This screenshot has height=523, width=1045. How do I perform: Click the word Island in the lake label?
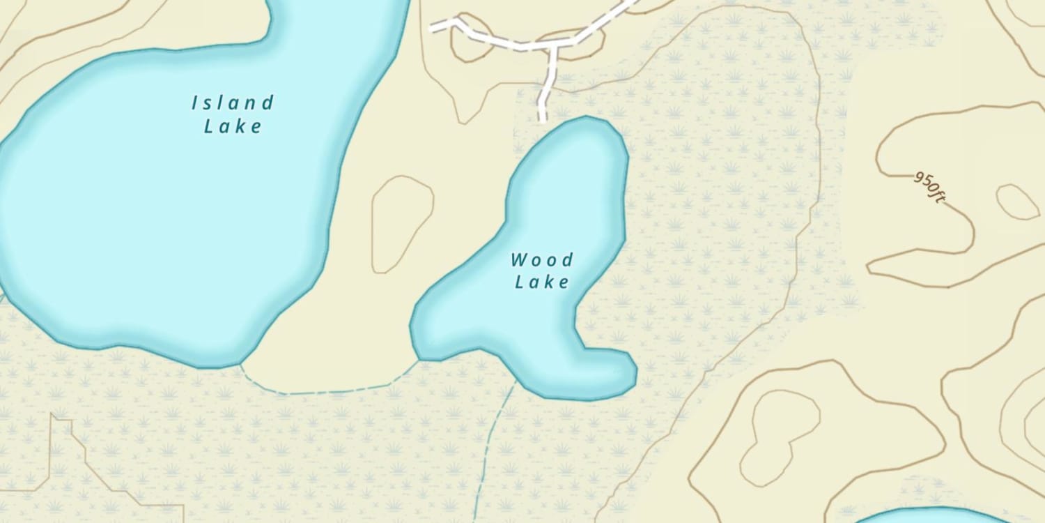(x=233, y=104)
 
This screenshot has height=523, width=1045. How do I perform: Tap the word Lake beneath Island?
(x=233, y=126)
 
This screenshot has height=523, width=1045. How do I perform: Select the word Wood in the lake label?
(x=542, y=261)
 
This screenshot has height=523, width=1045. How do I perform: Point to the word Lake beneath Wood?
(x=542, y=282)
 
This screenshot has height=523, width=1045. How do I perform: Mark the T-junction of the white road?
(x=554, y=46)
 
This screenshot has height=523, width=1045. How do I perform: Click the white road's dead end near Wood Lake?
(x=543, y=120)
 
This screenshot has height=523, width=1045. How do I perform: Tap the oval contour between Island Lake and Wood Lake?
(x=402, y=224)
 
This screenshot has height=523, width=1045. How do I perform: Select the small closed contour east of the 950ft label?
(x=1018, y=202)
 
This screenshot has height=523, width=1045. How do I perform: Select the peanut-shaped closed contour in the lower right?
(x=779, y=436)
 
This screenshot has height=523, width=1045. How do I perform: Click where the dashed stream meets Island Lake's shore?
(x=240, y=363)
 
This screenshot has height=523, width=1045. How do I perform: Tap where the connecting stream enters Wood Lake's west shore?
(x=418, y=360)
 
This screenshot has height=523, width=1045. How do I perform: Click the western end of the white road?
(x=432, y=29)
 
